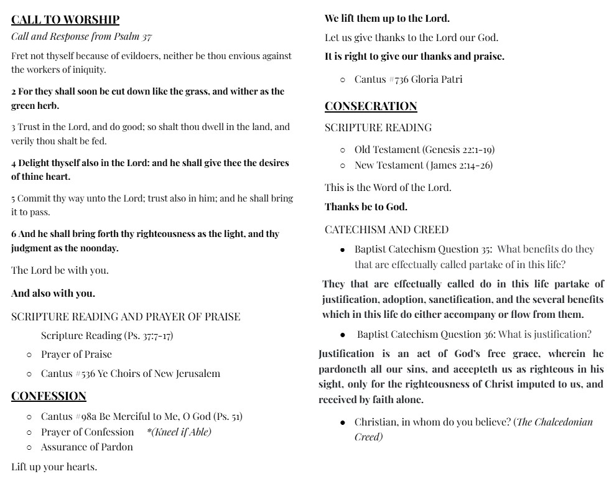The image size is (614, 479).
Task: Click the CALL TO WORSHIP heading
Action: tap(65, 19)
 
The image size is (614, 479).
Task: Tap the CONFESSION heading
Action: tap(49, 396)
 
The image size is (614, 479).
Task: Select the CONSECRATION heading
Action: tap(371, 106)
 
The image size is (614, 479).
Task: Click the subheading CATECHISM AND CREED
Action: tap(386, 230)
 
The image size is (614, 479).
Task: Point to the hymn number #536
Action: tap(85, 373)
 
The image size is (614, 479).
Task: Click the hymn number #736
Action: tap(398, 79)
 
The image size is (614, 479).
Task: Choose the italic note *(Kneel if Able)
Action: tap(179, 432)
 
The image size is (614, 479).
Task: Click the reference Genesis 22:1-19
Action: tap(459, 149)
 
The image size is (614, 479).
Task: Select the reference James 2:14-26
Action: tap(460, 165)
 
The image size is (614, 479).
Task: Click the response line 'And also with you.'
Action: tap(53, 292)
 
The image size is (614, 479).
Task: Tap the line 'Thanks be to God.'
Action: tap(366, 207)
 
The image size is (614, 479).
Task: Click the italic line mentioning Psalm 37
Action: tap(81, 36)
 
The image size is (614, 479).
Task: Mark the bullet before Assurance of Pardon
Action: tap(29, 447)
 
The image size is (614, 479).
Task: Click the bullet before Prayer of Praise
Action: tap(29, 355)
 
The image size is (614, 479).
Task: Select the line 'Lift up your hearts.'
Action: tap(54, 467)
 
